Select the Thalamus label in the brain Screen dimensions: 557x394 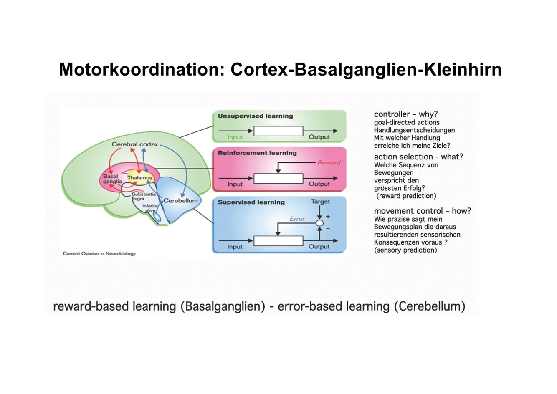pos(139,178)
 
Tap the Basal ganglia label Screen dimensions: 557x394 pos(112,179)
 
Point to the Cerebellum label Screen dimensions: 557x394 pos(180,201)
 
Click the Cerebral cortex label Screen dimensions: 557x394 pos(134,144)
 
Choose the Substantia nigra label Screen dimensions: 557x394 pos(143,196)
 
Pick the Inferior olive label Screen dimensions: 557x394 pos(150,208)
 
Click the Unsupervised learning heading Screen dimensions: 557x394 pos(255,116)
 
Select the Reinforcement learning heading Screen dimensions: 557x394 pos(257,153)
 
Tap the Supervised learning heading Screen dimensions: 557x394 pos(251,202)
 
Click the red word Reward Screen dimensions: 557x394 pos(329,162)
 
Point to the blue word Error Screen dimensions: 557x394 pos(297,219)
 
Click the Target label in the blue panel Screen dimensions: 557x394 pos(320,202)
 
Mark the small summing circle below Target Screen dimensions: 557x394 pos(319,223)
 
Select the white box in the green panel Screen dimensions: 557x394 pos(278,131)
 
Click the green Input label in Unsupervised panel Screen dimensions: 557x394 pos(235,137)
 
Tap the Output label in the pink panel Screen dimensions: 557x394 pos(319,184)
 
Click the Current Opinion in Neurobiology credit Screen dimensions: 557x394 pos(99,253)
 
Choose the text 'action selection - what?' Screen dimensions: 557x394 pos(418,157)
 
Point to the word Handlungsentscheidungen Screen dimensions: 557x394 pos(414,130)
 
